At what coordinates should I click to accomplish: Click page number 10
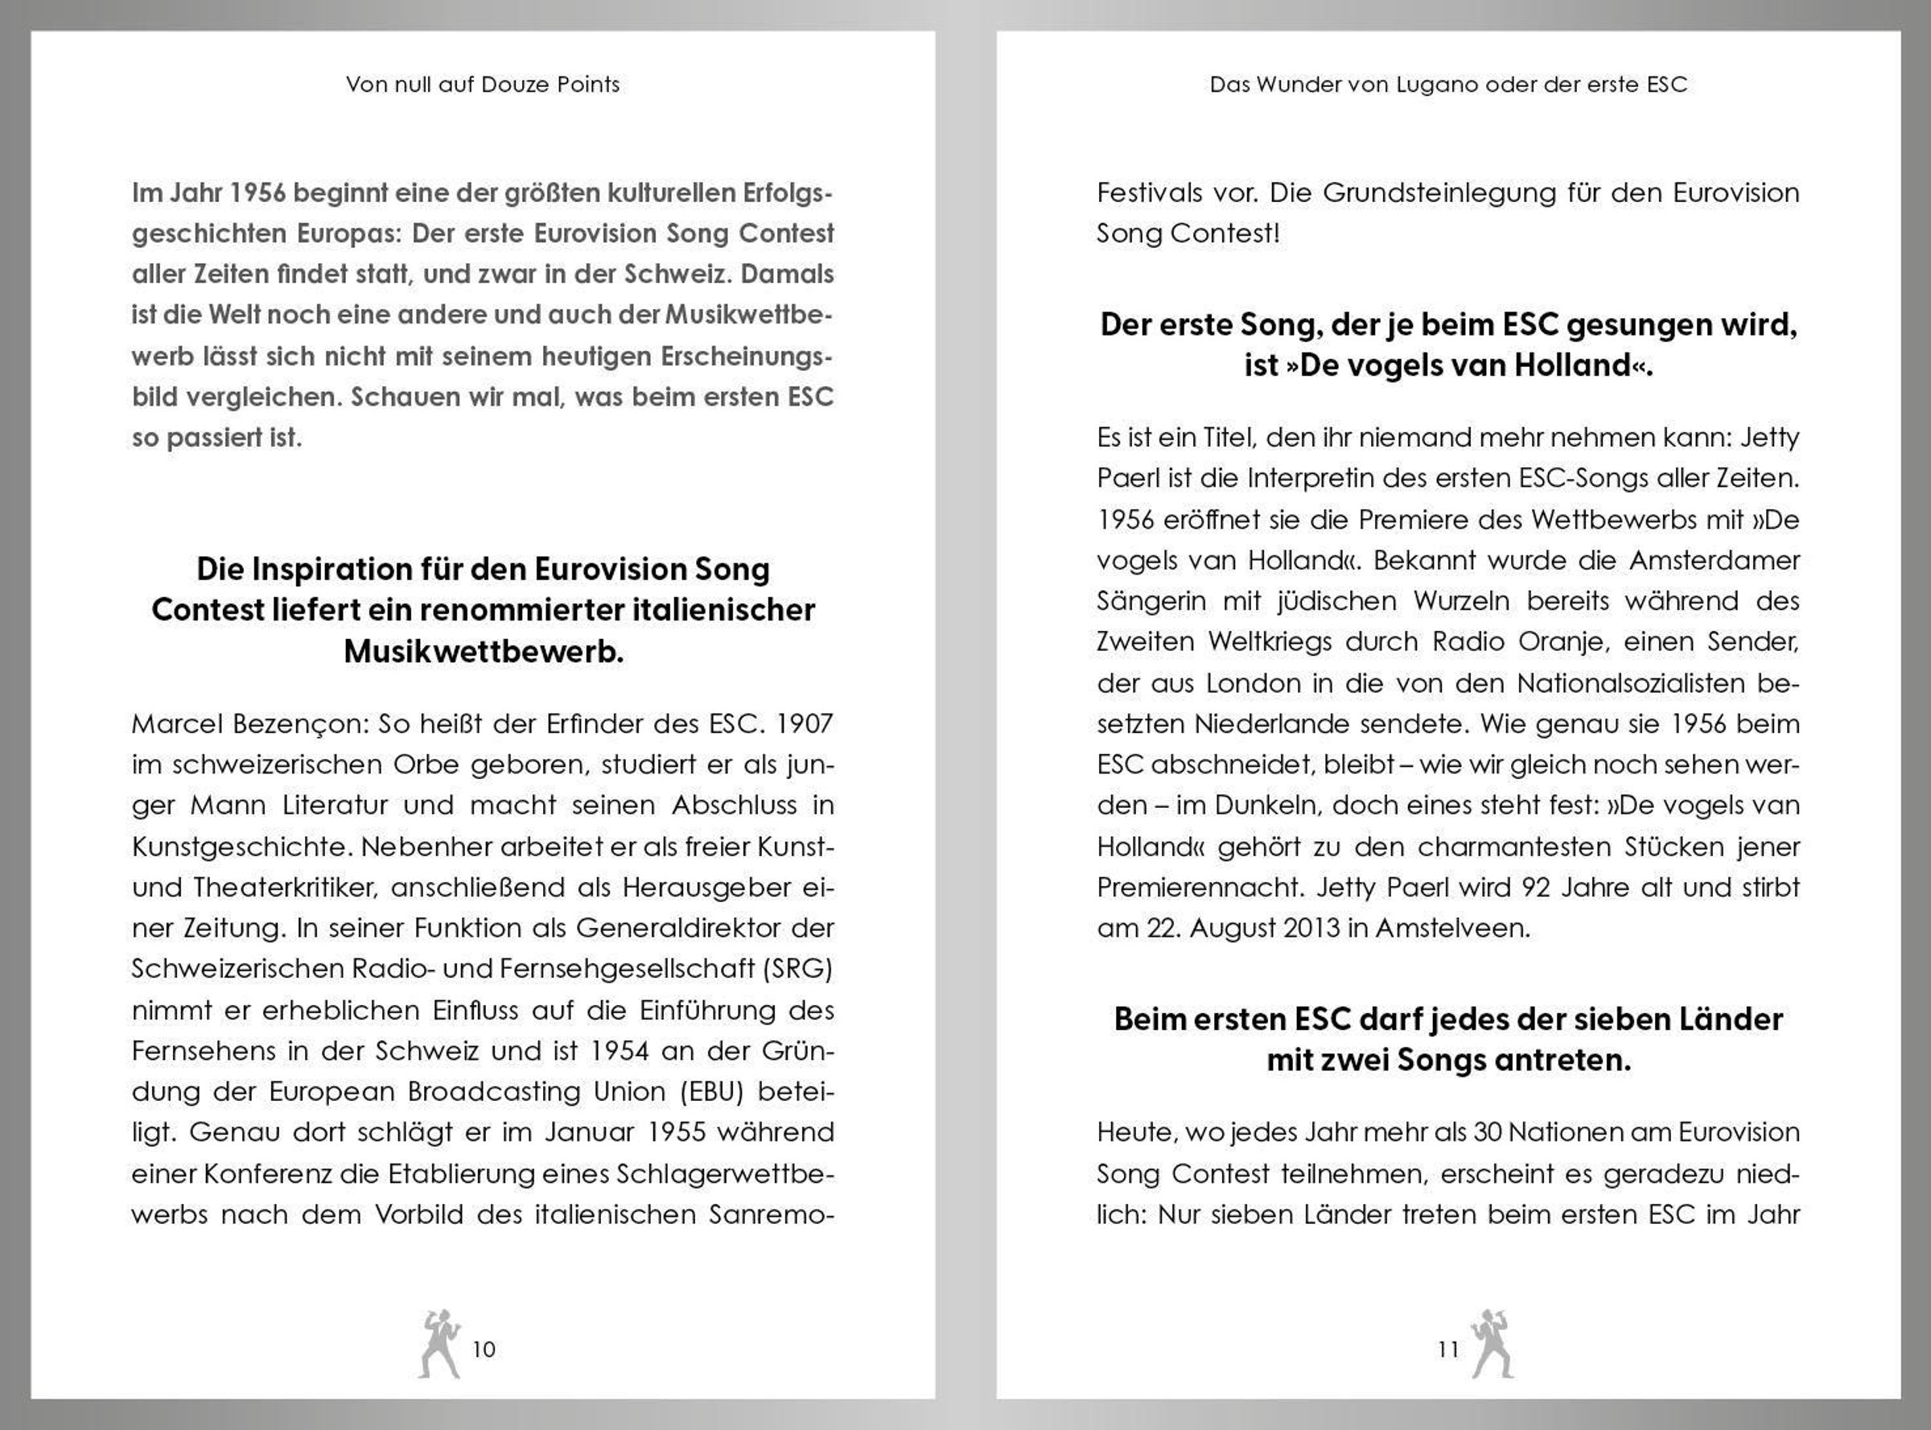pos(484,1350)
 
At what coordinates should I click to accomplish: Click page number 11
pos(1448,1350)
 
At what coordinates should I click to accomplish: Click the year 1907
pos(804,723)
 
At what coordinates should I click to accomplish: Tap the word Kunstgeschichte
pos(241,847)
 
